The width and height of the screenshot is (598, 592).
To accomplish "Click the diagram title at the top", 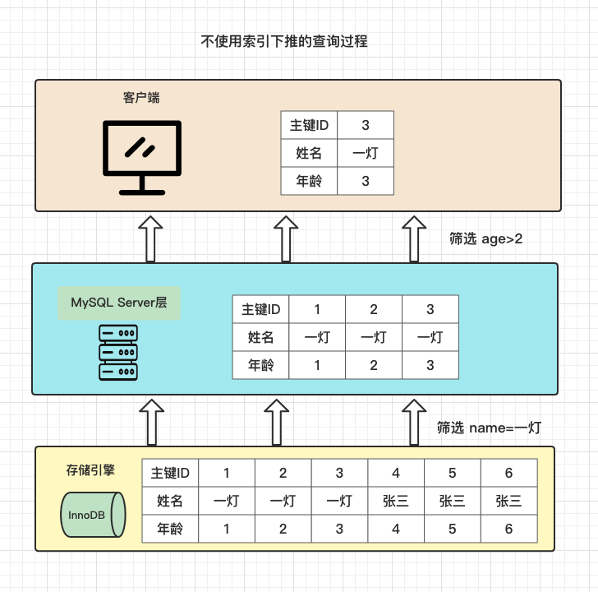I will [x=284, y=41].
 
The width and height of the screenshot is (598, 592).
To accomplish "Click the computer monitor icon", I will [x=141, y=156].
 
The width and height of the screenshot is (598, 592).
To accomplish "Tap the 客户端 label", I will [x=141, y=98].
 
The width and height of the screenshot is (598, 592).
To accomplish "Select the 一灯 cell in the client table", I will [x=366, y=153].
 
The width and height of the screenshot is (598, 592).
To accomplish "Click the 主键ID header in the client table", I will [x=309, y=126].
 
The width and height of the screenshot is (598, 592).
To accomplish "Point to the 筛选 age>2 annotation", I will [x=485, y=238].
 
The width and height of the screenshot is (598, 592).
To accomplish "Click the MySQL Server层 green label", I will [x=119, y=303].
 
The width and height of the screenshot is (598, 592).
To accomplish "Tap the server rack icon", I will [x=117, y=352].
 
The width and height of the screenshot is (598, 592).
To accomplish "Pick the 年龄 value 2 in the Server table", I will [x=374, y=364].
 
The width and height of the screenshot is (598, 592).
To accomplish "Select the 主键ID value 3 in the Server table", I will [x=430, y=309].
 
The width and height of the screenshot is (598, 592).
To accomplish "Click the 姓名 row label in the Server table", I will [x=261, y=337].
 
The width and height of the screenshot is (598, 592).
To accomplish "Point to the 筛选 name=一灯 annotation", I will [x=489, y=428].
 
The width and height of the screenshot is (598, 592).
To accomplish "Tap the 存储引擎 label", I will [x=90, y=471].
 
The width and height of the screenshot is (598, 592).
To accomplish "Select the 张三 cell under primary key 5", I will [x=453, y=501].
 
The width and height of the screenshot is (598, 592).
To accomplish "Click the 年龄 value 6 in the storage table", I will [x=509, y=530].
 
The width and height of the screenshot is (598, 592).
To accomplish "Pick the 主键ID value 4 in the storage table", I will [x=396, y=473].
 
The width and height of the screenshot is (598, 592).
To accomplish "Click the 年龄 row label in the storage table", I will [x=170, y=530].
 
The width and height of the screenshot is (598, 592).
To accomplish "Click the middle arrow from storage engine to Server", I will [x=278, y=421].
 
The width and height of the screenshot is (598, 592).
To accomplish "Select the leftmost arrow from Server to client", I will [x=151, y=238].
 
